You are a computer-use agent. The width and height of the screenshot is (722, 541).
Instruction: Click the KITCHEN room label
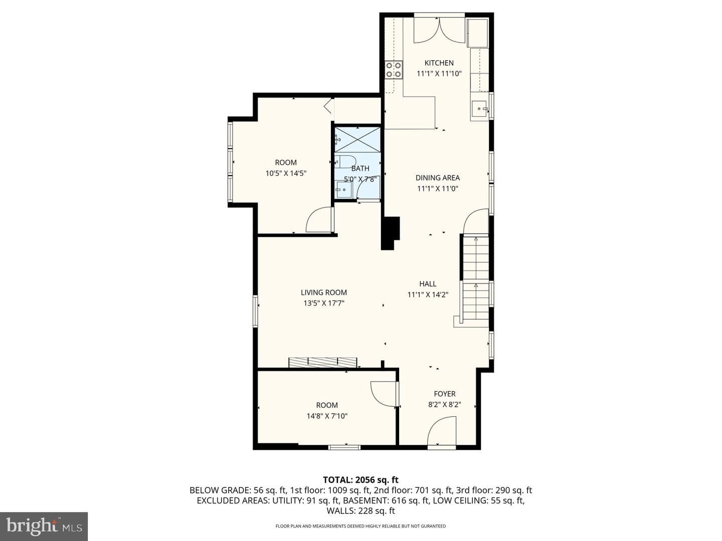[x=439, y=63]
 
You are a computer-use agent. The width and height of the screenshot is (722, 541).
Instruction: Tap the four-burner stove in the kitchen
[x=394, y=70]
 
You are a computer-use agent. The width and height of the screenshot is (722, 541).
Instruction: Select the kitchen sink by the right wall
[x=480, y=108]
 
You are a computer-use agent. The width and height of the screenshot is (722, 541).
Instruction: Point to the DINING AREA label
[x=438, y=178]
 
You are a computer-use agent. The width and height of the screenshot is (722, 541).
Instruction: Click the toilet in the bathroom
[x=345, y=162]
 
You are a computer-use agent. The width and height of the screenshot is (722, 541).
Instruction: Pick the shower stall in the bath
[x=357, y=139]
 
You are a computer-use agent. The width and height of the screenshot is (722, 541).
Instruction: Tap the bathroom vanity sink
[x=343, y=189]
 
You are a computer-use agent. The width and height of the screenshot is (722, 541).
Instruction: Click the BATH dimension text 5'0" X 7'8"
[x=360, y=179]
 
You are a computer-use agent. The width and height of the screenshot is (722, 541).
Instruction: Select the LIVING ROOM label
[x=324, y=293]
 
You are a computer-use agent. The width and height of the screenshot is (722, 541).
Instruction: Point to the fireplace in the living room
[x=323, y=362]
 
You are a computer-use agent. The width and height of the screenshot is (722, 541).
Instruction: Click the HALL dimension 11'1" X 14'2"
[x=428, y=295]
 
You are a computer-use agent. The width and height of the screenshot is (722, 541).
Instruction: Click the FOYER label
[x=444, y=394]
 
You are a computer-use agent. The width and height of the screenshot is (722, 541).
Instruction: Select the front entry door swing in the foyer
[x=442, y=431]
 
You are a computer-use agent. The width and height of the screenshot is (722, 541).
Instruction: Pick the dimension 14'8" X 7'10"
[x=327, y=416]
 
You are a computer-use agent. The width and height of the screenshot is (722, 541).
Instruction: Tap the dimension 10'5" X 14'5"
[x=286, y=173]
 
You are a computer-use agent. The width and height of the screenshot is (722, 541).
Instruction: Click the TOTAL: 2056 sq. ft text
[x=360, y=480]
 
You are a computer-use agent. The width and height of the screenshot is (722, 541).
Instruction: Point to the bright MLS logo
[x=44, y=526]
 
